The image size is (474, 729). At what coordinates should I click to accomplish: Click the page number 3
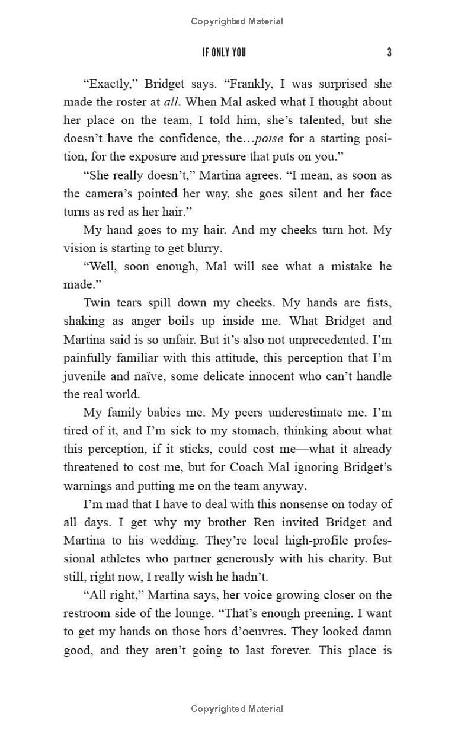click(389, 53)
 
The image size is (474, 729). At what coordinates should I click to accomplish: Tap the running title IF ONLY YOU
click(224, 53)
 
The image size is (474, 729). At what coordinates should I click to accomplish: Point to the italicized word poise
click(268, 139)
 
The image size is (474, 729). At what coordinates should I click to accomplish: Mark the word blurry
click(201, 248)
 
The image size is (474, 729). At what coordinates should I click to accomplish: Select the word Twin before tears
click(97, 303)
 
